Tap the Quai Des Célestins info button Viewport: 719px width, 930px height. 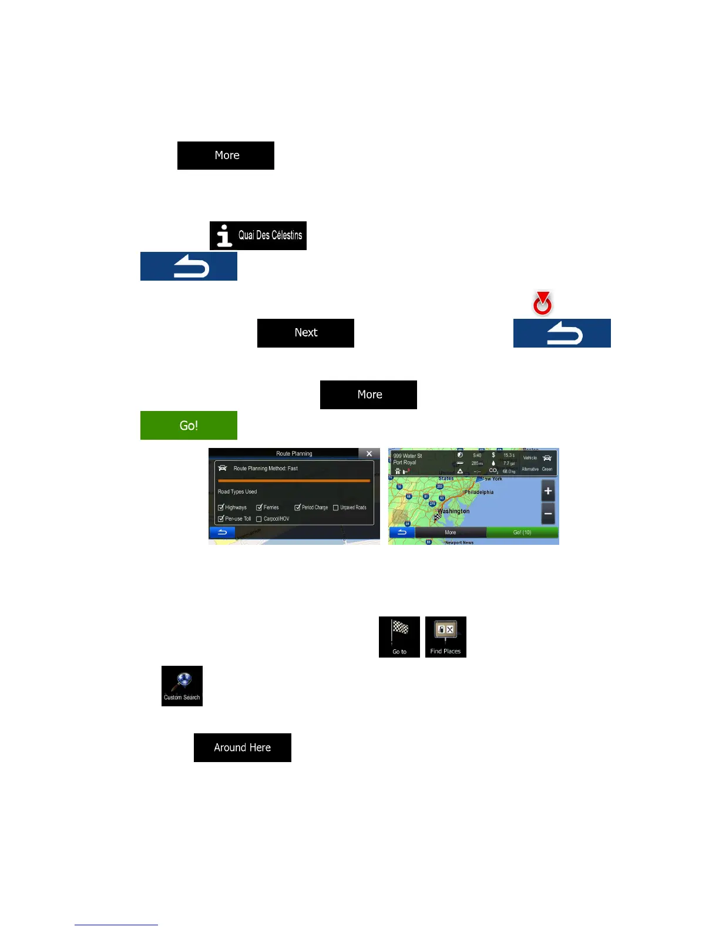tap(258, 235)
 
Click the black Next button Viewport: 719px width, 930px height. tap(305, 333)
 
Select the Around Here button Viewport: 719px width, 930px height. tap(242, 747)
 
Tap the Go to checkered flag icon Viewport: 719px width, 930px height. tap(399, 637)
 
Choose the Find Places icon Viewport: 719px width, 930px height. tap(445, 637)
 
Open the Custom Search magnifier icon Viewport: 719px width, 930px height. tap(182, 686)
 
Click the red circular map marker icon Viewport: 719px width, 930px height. tap(542, 304)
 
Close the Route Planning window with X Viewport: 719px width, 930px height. tap(369, 453)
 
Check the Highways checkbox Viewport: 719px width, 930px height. tap(221, 507)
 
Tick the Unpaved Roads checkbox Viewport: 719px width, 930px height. tap(336, 507)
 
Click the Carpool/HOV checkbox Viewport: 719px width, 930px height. tap(258, 519)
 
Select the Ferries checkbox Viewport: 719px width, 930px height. tap(259, 507)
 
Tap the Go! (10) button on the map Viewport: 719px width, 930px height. tap(522, 533)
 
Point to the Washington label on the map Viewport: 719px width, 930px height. tap(453, 511)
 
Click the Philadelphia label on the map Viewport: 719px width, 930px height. tap(479, 493)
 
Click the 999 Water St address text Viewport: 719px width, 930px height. tap(408, 456)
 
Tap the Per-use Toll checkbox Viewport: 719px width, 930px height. tap(221, 519)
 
